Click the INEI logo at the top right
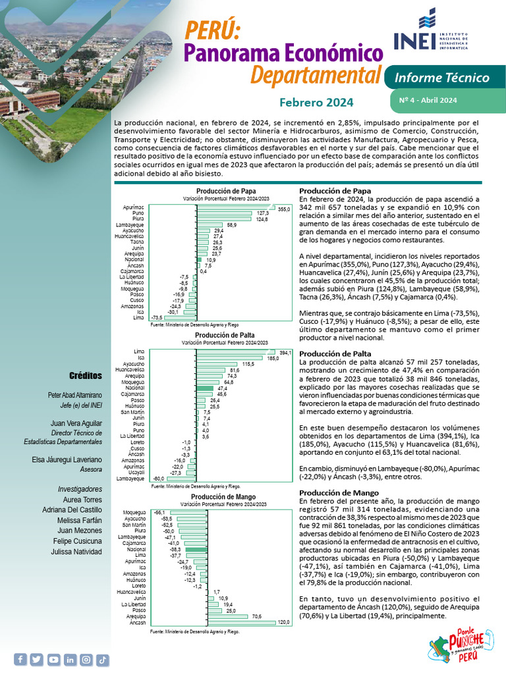[x=432, y=32]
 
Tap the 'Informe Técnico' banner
[x=441, y=78]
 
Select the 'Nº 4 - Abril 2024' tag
[x=428, y=100]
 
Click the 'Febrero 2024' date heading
[x=316, y=103]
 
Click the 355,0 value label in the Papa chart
[x=284, y=209]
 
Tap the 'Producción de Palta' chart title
[x=226, y=335]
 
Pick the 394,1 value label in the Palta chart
[x=285, y=353]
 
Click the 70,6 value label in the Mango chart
[x=258, y=615]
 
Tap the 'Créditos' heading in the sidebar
[x=86, y=376]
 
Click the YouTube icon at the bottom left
[x=53, y=659]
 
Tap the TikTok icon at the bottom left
[x=102, y=659]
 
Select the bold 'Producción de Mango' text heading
[x=329, y=493]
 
